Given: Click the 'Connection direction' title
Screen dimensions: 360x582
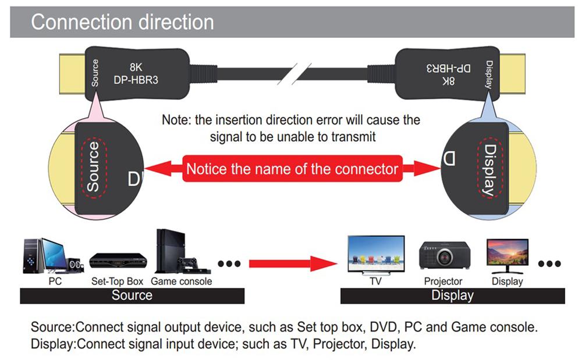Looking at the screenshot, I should (122, 22).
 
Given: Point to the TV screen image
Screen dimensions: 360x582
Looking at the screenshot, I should (375, 254).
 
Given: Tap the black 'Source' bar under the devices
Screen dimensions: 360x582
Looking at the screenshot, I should (132, 295).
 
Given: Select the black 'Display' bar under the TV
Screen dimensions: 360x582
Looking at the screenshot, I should (452, 295).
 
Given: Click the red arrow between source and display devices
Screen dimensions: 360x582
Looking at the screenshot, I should (294, 263).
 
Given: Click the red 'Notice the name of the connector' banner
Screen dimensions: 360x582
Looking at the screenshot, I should (292, 169).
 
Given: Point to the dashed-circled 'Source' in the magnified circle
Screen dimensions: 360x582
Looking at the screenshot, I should (93, 167).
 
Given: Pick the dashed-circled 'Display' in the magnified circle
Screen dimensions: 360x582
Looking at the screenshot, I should (488, 169).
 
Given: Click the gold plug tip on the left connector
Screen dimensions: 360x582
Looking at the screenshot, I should (72, 72).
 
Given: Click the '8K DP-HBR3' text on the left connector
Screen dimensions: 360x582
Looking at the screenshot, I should (136, 73).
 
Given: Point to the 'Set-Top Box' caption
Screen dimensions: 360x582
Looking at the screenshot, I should (117, 281).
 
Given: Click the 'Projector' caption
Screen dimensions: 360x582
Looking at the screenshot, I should (443, 281).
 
